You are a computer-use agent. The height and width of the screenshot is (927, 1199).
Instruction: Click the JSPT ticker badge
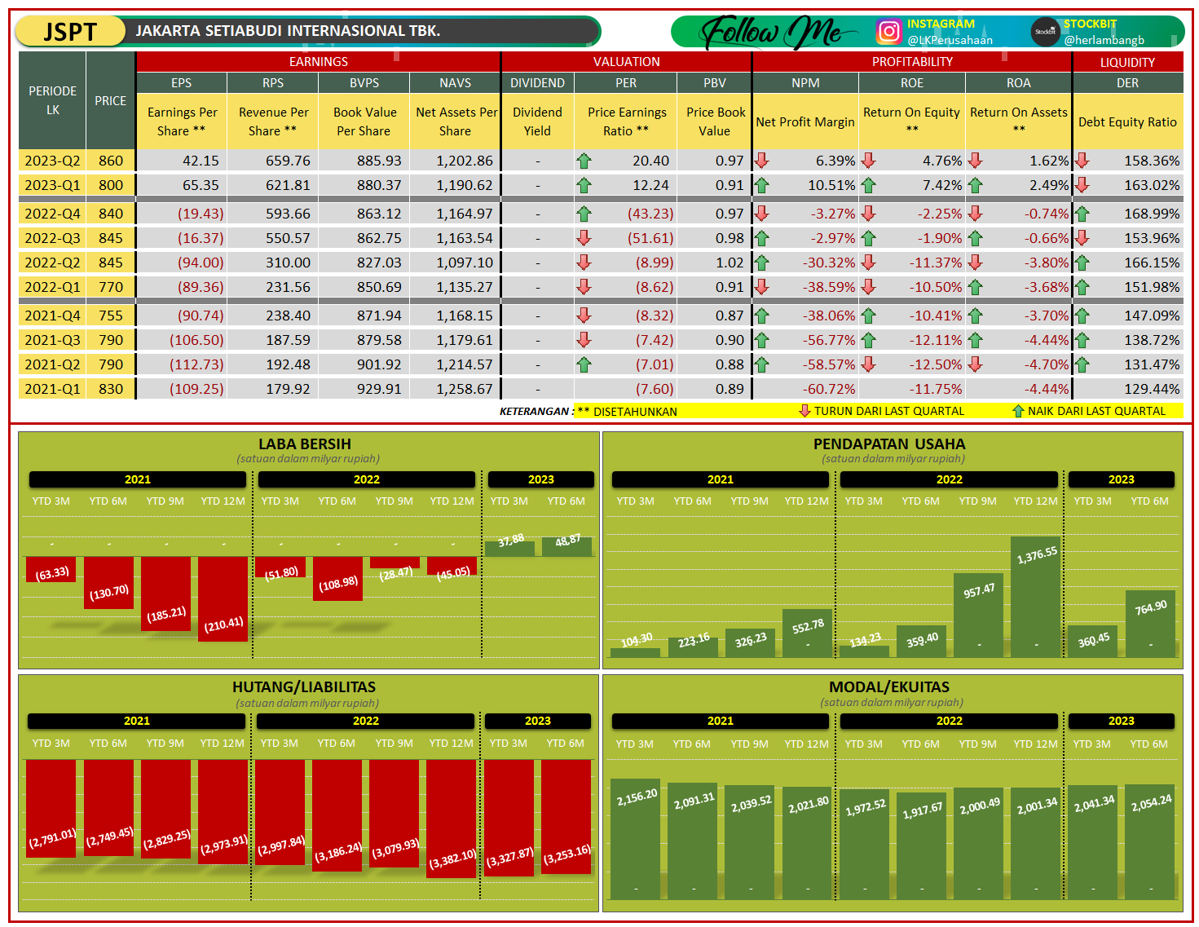click(x=70, y=32)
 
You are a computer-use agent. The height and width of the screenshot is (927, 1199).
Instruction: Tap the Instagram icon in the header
click(x=888, y=32)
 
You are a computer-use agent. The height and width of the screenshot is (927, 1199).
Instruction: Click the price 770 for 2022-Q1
click(x=111, y=287)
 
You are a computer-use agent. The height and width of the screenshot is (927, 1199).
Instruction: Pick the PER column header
click(x=626, y=83)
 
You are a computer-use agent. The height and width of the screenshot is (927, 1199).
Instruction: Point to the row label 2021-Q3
click(x=52, y=340)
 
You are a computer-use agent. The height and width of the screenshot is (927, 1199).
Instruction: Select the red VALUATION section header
click(x=626, y=62)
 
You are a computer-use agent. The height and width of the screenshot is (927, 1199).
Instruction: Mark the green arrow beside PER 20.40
click(x=584, y=161)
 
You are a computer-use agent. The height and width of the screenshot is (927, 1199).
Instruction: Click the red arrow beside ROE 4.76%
click(x=869, y=161)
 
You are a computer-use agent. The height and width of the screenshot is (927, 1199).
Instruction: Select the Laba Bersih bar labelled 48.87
click(x=567, y=546)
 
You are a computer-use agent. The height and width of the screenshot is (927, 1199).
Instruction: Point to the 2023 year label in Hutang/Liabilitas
click(x=538, y=721)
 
